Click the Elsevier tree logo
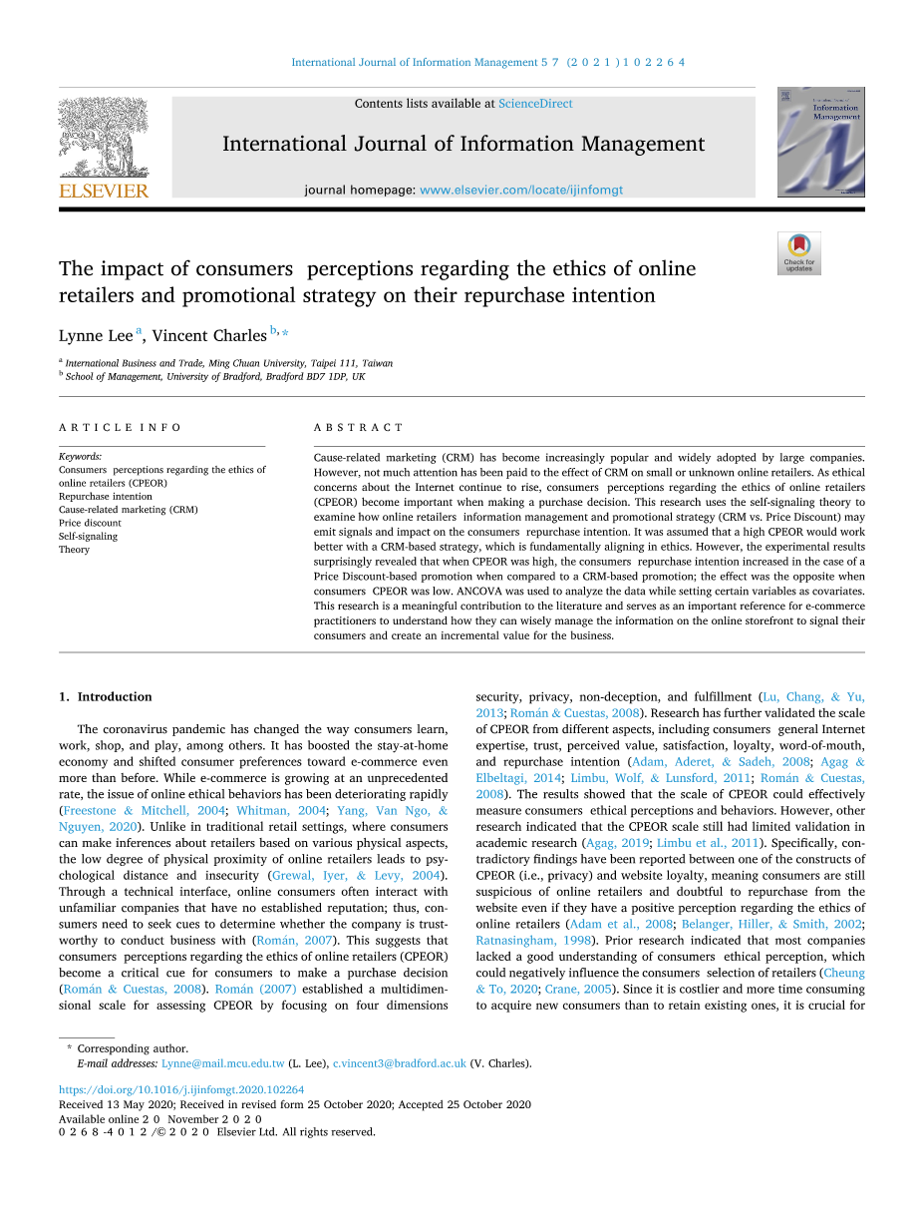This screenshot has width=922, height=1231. click(x=103, y=138)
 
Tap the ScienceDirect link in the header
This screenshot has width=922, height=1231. click(x=535, y=104)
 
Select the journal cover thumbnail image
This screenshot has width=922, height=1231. click(x=820, y=142)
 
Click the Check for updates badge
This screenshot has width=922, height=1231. click(x=798, y=253)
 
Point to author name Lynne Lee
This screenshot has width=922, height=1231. click(x=96, y=336)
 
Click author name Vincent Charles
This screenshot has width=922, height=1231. click(x=209, y=336)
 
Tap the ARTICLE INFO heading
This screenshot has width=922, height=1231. click(x=120, y=427)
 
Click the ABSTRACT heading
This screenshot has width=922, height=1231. click(x=359, y=427)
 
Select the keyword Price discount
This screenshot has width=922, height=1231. click(x=90, y=523)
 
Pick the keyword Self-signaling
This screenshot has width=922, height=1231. click(x=88, y=536)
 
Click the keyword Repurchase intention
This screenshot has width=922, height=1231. click(x=106, y=496)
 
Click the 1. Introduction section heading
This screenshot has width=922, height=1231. click(x=106, y=696)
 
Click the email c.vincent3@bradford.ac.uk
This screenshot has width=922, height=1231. click(x=399, y=1063)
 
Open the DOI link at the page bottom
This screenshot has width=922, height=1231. click(x=181, y=1090)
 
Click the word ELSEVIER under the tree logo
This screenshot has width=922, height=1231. click(x=104, y=191)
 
